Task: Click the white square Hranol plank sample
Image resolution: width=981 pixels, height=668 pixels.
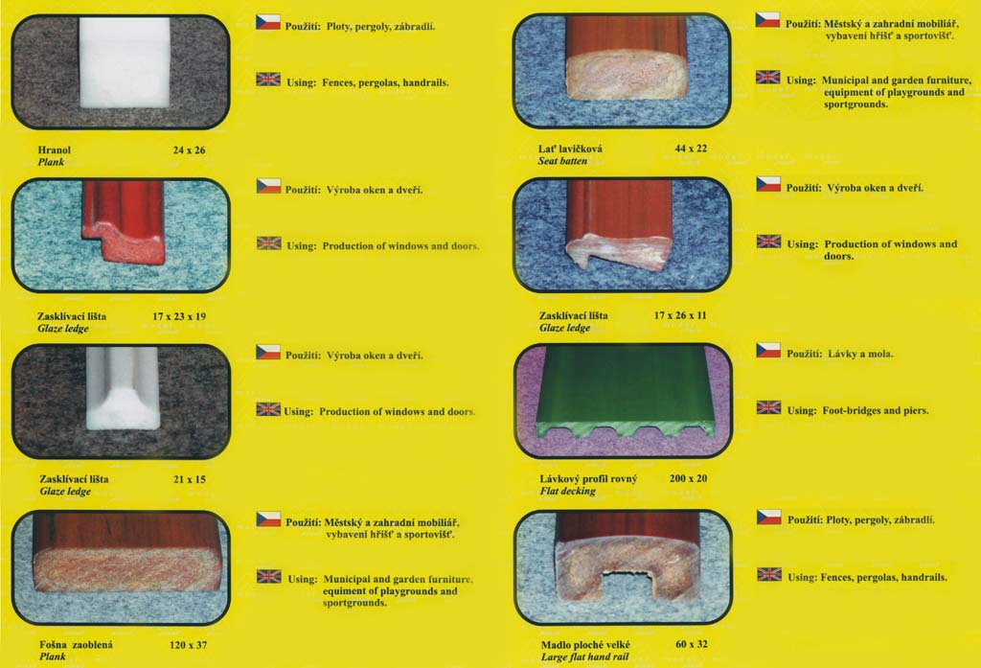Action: click(x=125, y=62)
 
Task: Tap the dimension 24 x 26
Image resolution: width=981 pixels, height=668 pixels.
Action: click(x=189, y=150)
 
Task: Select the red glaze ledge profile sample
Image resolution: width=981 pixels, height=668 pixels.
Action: click(x=124, y=222)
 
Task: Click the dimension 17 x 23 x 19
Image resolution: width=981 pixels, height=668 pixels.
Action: click(x=179, y=316)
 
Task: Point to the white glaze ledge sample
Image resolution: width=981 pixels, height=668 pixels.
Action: click(x=123, y=388)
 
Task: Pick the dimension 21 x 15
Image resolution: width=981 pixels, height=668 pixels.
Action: click(x=189, y=479)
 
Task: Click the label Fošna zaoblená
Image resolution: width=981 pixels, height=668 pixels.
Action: click(x=76, y=645)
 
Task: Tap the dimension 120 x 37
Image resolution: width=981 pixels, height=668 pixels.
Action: click(x=188, y=645)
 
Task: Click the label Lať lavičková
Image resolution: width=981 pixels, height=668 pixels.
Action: click(x=570, y=149)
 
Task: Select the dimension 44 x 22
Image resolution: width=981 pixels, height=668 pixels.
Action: click(x=691, y=149)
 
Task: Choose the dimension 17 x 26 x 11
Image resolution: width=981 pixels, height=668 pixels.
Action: click(x=680, y=315)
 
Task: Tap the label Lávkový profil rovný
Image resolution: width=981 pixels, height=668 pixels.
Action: click(x=588, y=479)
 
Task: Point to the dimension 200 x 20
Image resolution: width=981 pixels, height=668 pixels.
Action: click(x=688, y=478)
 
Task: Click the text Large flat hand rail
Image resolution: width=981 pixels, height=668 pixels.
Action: click(x=584, y=656)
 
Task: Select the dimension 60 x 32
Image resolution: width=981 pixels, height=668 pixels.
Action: click(x=691, y=644)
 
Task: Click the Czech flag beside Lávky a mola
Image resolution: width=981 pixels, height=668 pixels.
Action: click(x=768, y=350)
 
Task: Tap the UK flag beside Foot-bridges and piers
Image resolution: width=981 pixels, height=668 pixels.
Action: click(x=768, y=407)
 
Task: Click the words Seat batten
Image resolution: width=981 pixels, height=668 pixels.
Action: click(x=562, y=161)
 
